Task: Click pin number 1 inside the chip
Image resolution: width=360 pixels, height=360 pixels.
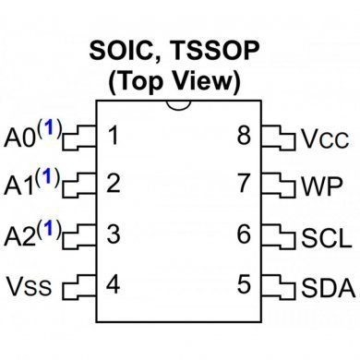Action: point(113,137)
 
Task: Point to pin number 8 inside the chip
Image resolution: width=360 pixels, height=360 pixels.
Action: point(244,137)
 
